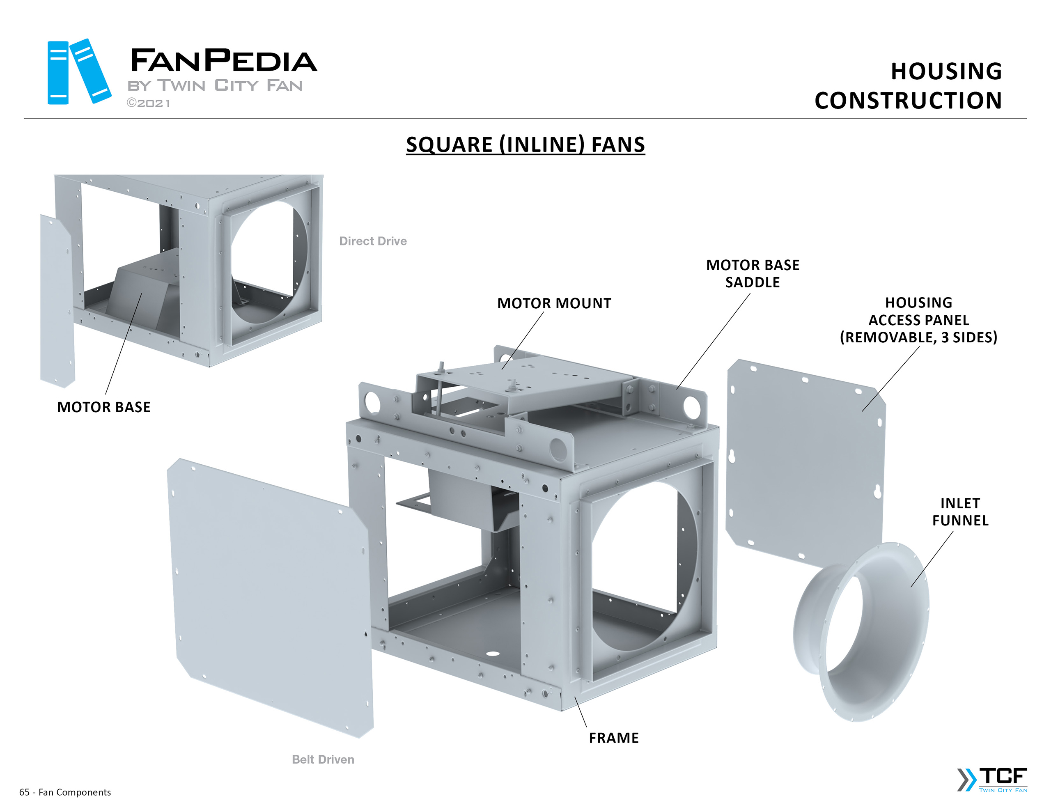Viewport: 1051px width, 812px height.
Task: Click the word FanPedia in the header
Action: pos(223,61)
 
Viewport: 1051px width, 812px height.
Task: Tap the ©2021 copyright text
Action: pos(148,103)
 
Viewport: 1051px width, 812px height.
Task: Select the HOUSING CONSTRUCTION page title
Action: pos(908,86)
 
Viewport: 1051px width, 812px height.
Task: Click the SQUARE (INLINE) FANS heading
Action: pos(525,145)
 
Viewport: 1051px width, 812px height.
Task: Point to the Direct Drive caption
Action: pos(373,241)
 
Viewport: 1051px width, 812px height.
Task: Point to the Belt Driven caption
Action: pos(323,759)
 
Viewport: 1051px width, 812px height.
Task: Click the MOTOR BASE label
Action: pos(104,407)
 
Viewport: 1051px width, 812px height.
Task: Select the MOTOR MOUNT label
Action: pos(554,303)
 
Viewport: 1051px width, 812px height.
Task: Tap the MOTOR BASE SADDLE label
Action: pos(753,273)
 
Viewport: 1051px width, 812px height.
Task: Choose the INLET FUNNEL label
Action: pos(960,512)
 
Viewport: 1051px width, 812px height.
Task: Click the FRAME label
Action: pos(614,738)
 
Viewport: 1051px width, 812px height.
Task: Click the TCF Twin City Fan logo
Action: pos(992,779)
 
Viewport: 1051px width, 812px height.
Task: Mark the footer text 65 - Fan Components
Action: pos(65,792)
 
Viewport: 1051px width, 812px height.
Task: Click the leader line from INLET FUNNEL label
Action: pos(932,558)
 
